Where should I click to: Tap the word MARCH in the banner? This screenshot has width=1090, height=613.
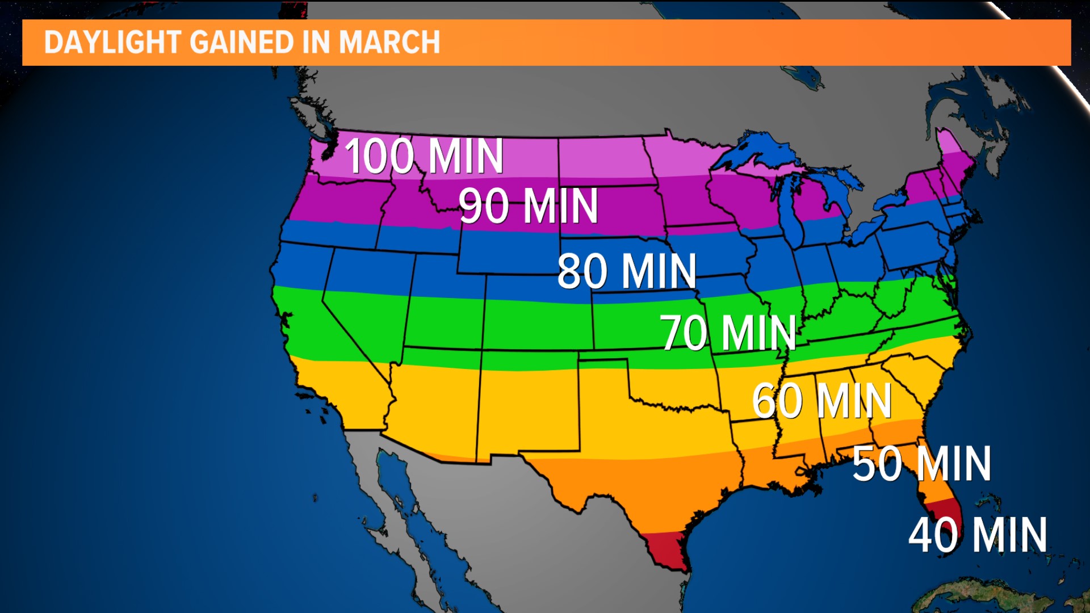[389, 43]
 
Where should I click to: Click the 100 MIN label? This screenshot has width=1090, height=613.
[424, 156]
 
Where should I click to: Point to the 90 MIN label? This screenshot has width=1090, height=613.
[528, 206]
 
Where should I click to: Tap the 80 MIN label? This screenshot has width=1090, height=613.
[627, 271]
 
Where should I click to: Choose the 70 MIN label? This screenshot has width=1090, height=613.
[728, 333]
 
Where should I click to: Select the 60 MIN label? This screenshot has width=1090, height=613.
[821, 401]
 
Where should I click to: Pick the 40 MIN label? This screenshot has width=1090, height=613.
[978, 535]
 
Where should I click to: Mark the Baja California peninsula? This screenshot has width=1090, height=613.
[397, 499]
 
